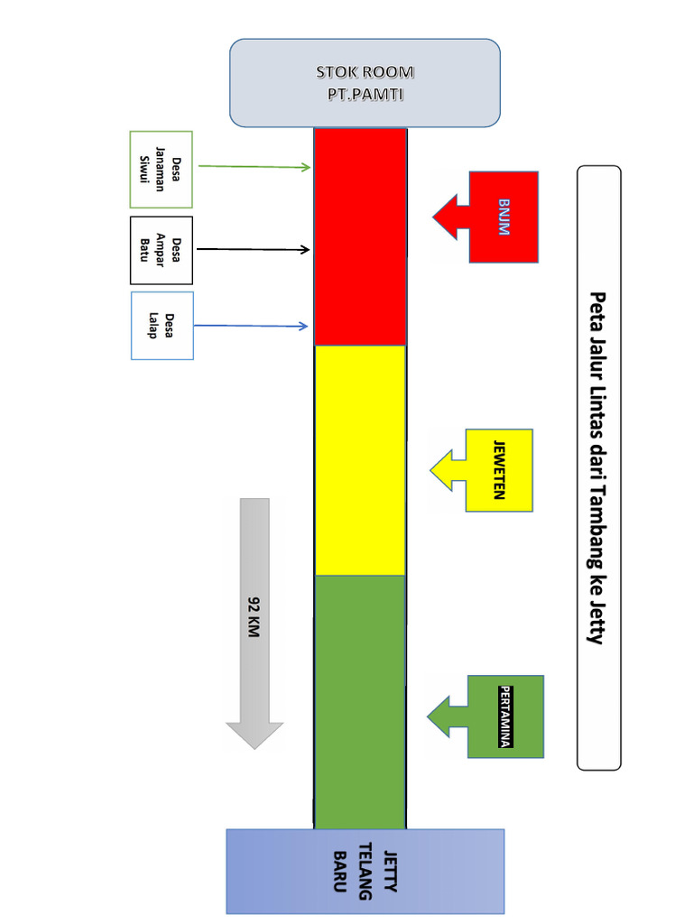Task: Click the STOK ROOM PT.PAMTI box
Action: point(365,82)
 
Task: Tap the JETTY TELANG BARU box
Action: point(365,872)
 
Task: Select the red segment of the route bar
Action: point(359,236)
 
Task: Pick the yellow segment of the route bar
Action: point(359,460)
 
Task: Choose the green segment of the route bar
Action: point(359,701)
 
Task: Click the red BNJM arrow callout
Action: point(492,217)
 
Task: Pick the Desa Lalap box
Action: point(162,326)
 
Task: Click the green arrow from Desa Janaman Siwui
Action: point(253,166)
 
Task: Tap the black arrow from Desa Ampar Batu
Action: point(253,248)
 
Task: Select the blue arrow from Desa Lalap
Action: point(253,326)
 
